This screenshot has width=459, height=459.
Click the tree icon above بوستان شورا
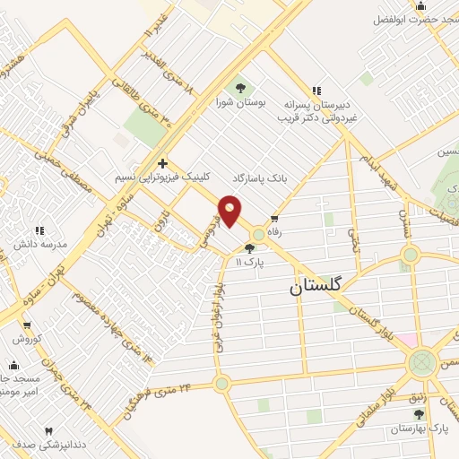[239, 88]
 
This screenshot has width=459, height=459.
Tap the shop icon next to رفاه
[274, 218]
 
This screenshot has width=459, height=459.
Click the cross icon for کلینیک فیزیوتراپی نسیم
[161, 163]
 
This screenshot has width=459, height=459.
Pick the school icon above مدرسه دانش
[39, 231]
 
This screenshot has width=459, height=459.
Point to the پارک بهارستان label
[420, 430]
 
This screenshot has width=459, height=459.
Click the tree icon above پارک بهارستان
[420, 414]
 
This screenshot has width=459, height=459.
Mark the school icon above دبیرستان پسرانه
[316, 90]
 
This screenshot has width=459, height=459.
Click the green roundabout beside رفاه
[258, 235]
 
